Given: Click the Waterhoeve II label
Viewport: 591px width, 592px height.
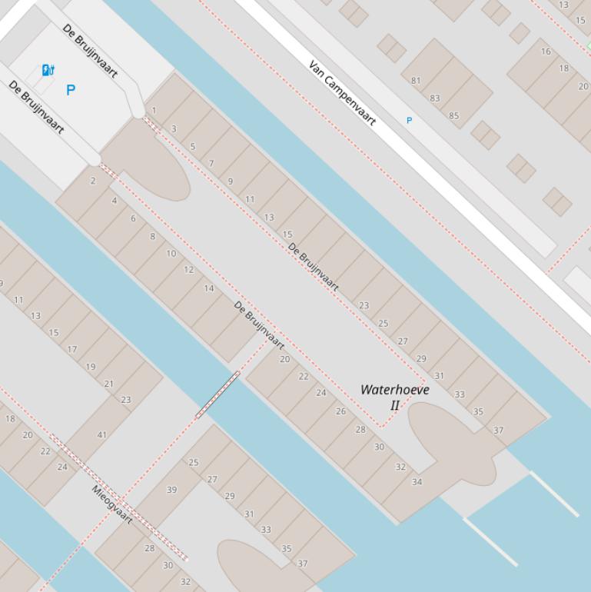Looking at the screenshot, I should (x=394, y=397).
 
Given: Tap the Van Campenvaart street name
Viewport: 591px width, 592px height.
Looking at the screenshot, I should (x=342, y=92).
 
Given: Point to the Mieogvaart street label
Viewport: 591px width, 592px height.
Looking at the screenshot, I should (x=112, y=504).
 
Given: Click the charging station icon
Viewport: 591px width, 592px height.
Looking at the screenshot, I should (x=48, y=71).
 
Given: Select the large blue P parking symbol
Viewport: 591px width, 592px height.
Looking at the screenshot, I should (x=71, y=90).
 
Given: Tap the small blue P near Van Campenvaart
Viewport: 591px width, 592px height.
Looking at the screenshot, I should (x=409, y=121).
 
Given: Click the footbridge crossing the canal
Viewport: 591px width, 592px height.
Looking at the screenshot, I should (x=217, y=394).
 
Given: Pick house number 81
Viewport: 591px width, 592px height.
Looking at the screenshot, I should (x=416, y=80).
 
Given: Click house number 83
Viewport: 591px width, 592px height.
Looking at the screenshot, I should (x=435, y=98).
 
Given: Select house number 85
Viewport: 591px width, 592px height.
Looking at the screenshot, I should (x=453, y=116).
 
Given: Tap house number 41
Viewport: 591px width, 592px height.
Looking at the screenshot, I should (x=101, y=435).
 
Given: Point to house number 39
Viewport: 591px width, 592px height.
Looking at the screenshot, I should (x=171, y=490).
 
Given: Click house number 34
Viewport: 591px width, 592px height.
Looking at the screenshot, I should (x=417, y=482).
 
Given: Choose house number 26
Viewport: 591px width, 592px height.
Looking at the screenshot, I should (x=340, y=411).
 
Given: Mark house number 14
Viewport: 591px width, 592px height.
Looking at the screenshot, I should (x=208, y=288).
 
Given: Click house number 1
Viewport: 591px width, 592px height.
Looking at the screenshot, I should (x=154, y=111).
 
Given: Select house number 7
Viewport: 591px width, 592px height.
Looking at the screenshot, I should (x=211, y=164).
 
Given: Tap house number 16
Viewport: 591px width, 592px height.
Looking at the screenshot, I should (x=546, y=52).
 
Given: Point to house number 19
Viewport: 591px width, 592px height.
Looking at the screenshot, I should (x=91, y=367).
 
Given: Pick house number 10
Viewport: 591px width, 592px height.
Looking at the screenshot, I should (x=171, y=253).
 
